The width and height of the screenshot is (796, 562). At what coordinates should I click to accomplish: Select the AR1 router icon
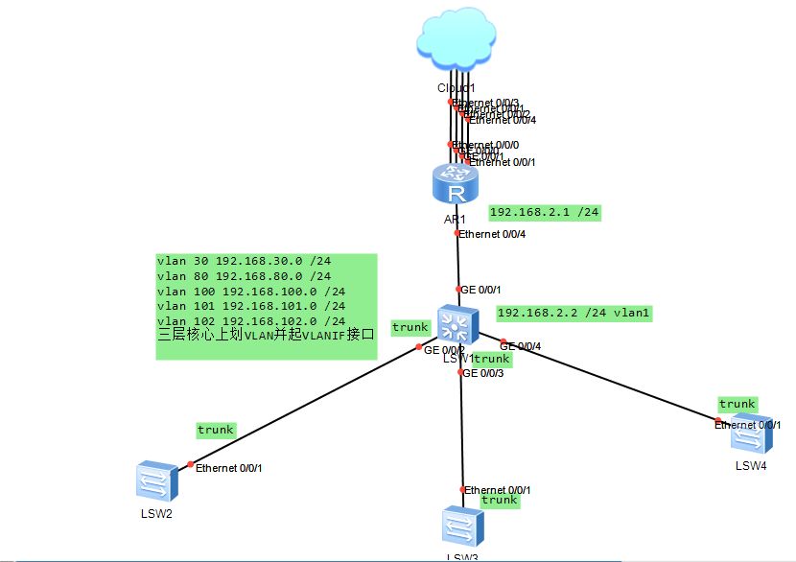455,183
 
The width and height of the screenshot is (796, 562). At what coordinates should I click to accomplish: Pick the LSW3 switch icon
462,527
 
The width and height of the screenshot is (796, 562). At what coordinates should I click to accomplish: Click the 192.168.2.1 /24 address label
545,212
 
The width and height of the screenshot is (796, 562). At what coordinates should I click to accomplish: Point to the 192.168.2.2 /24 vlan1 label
574,313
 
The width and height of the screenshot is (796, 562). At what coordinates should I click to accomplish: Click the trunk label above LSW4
737,404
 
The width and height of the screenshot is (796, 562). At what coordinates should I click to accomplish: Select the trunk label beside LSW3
499,501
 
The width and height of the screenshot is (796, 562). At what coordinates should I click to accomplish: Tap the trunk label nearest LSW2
216,430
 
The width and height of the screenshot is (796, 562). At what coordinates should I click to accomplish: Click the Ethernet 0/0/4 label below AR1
493,234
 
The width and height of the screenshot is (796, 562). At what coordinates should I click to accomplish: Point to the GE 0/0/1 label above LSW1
480,289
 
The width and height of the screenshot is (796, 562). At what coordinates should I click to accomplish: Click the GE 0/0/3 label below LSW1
482,373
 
